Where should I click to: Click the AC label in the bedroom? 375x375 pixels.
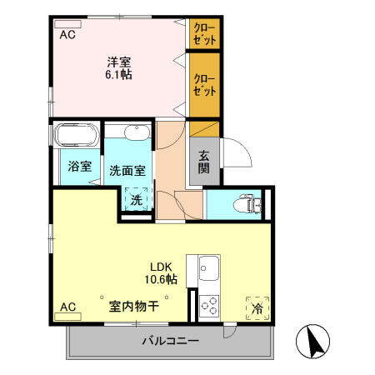tap(67, 34)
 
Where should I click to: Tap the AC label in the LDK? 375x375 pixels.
tap(67, 307)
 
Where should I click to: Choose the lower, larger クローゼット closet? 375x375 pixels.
tap(204, 84)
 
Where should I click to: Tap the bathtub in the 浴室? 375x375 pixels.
tap(77, 136)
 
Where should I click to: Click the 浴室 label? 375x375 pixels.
tap(79, 167)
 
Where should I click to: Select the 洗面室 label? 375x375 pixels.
tap(127, 170)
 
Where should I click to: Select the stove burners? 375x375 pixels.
tap(208, 306)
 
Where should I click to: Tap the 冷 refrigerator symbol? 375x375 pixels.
tap(257, 307)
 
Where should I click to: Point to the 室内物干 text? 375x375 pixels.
tap(133, 306)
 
